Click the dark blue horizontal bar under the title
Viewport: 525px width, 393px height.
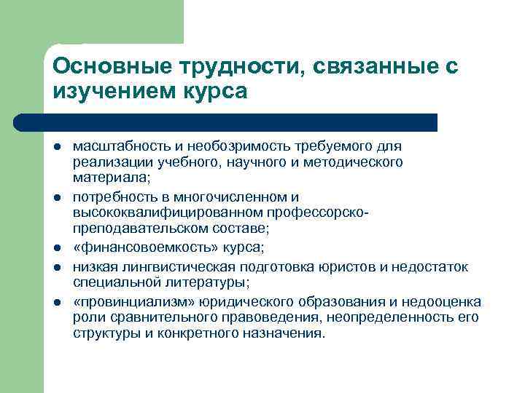pyautogui.click(x=226, y=122)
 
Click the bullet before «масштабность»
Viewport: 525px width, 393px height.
pyautogui.click(x=56, y=148)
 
